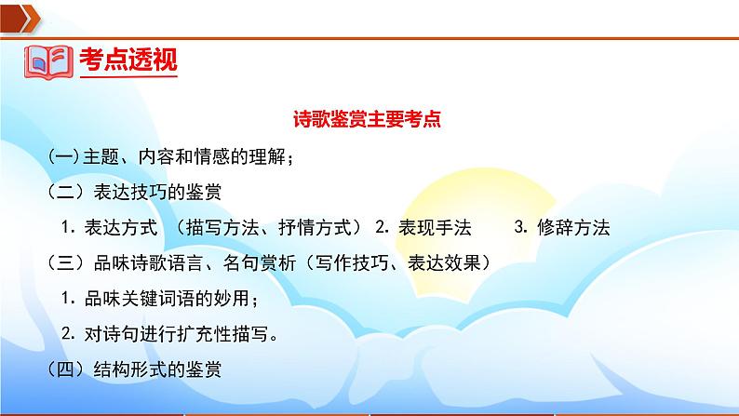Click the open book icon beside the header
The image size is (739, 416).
47,60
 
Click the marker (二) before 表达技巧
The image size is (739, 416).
65,193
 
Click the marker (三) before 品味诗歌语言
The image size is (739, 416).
65,263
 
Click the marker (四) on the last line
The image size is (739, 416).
65,369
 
